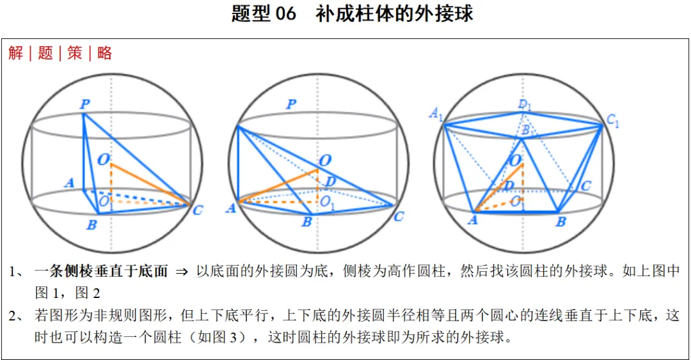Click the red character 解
16,53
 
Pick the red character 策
75,53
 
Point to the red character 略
104,53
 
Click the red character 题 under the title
45,53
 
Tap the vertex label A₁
436,114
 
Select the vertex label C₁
612,120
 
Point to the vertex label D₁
525,104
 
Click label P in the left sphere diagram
84,103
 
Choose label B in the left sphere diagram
91,224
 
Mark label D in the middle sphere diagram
330,182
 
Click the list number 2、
17,315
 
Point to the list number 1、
17,272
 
